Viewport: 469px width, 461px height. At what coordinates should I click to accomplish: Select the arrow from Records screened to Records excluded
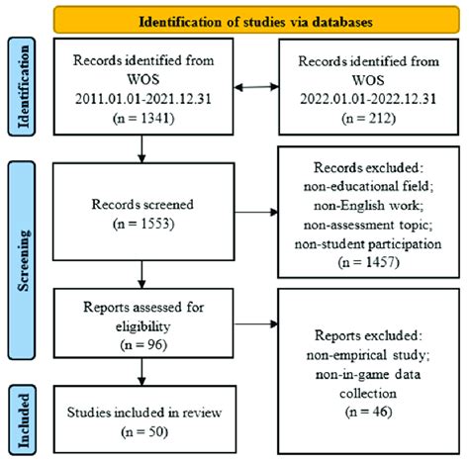(x=263, y=210)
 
